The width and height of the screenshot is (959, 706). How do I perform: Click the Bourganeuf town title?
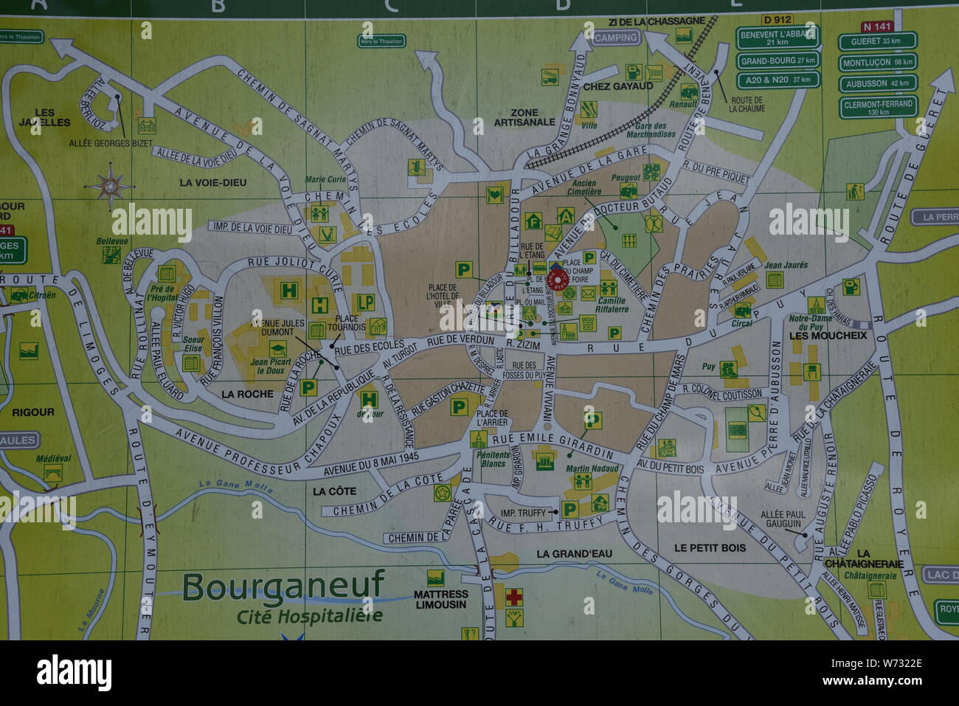tap(283, 586)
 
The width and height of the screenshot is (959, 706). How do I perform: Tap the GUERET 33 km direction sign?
tap(877, 41)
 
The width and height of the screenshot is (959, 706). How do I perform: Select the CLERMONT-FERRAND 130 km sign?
tap(877, 108)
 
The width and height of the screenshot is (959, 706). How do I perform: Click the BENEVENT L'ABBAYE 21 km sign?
tap(778, 38)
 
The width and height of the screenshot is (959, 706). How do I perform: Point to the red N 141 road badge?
tap(876, 27)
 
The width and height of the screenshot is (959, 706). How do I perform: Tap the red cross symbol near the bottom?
tap(514, 596)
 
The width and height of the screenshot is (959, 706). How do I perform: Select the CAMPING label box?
tap(615, 38)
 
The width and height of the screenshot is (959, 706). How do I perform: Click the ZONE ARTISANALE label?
tap(524, 117)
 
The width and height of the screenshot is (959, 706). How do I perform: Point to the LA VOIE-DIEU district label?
tap(212, 182)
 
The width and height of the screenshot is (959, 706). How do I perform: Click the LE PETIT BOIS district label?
tap(710, 547)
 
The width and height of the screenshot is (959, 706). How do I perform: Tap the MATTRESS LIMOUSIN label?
tap(440, 599)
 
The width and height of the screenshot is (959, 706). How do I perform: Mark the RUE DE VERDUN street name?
tap(460, 340)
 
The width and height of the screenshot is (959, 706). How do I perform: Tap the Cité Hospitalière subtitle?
tap(309, 616)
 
